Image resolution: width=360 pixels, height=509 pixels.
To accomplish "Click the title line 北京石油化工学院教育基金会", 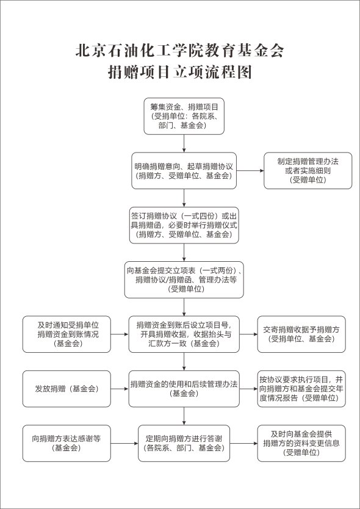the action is pos(180,51).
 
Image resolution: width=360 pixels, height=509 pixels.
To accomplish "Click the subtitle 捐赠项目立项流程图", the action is pos(180,73).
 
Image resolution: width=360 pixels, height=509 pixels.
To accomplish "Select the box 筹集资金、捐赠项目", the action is pos(184,116).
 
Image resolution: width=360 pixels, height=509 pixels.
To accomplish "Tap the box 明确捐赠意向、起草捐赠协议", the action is pos(184,171).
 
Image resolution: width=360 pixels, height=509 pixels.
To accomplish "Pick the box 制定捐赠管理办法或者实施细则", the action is pos(308,171).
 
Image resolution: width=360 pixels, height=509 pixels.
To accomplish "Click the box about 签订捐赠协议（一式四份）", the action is pos(184,225).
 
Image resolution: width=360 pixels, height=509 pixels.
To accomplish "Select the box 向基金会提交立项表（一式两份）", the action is pos(184,280).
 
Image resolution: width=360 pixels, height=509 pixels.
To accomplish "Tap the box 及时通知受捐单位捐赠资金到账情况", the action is pos(67,334).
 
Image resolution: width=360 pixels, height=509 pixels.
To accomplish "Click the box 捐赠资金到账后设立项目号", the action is pos(184,334).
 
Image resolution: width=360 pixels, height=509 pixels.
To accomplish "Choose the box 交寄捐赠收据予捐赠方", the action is pos(301,334).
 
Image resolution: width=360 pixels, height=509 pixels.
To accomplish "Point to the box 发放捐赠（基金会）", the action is pos(67,389).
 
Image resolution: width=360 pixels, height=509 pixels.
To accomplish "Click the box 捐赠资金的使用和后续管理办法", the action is pos(184,389).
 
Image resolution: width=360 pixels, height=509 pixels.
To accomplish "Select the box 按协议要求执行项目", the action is pos(301,389).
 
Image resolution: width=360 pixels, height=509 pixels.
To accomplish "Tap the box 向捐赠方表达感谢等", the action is pos(67,444).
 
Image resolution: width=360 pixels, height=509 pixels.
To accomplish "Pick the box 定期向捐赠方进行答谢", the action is pos(184,444).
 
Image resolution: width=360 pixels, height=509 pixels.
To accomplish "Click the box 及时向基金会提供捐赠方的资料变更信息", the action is pos(301,444).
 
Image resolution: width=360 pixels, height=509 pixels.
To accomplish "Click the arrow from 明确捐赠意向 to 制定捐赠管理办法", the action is pos(250,171).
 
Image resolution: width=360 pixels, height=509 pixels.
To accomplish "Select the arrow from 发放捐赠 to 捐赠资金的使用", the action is pos(120,389).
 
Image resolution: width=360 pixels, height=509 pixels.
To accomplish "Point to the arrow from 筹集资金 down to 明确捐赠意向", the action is pos(184,143).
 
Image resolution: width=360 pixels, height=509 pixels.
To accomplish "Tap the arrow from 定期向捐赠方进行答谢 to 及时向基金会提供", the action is pos(244,444).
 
